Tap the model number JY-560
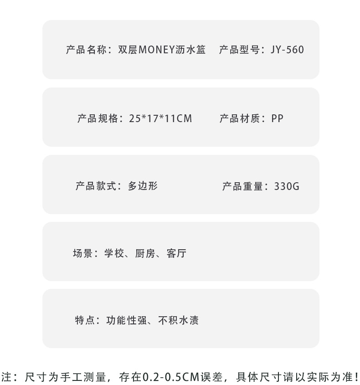pyautogui.click(x=287, y=50)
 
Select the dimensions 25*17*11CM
pyautogui.click(x=160, y=119)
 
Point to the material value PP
pyautogui.click(x=277, y=119)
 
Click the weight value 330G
pyautogui.click(x=287, y=186)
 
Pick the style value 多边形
pyautogui.click(x=143, y=186)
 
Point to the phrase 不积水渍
pyautogui.click(x=178, y=320)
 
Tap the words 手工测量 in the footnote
pyautogui.click(x=85, y=377)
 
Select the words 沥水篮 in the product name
pyautogui.click(x=191, y=50)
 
